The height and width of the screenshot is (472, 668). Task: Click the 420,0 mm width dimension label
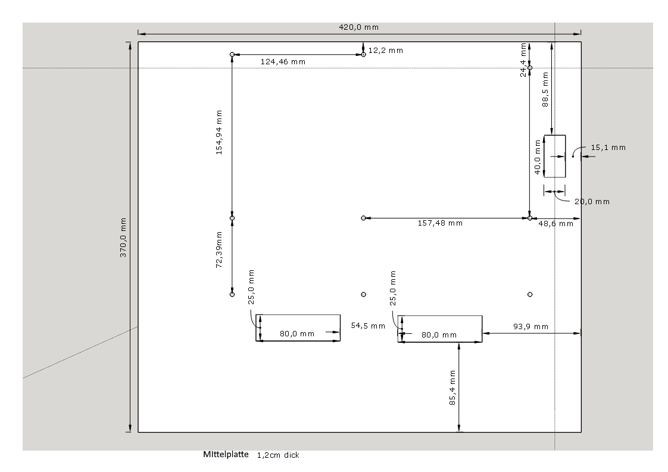point(359,27)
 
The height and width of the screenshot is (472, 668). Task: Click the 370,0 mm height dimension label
point(123,237)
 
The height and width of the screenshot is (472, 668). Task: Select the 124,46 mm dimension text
point(283,62)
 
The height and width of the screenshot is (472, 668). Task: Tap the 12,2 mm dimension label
point(386,50)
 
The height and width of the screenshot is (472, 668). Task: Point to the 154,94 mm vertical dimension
point(219,133)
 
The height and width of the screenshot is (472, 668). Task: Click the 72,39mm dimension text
point(219,249)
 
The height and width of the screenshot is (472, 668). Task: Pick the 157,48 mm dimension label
point(440,223)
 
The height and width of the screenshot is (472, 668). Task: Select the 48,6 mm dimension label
point(556,224)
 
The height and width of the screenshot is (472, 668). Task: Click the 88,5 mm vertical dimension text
point(545,89)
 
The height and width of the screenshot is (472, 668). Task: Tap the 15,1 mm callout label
point(608,148)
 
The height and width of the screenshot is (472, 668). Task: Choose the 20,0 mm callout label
point(592,202)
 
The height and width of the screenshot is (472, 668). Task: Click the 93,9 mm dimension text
point(531,327)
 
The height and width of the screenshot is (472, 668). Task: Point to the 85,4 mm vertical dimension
point(452,387)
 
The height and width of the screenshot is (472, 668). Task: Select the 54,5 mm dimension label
point(368,326)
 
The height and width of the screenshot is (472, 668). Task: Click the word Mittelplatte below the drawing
point(226,455)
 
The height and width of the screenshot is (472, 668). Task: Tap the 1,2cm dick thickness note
point(278,455)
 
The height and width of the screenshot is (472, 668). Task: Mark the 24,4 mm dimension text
point(523,60)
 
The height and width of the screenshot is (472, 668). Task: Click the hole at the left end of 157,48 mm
point(363,218)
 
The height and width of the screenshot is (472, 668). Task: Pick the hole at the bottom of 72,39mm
point(232,295)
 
